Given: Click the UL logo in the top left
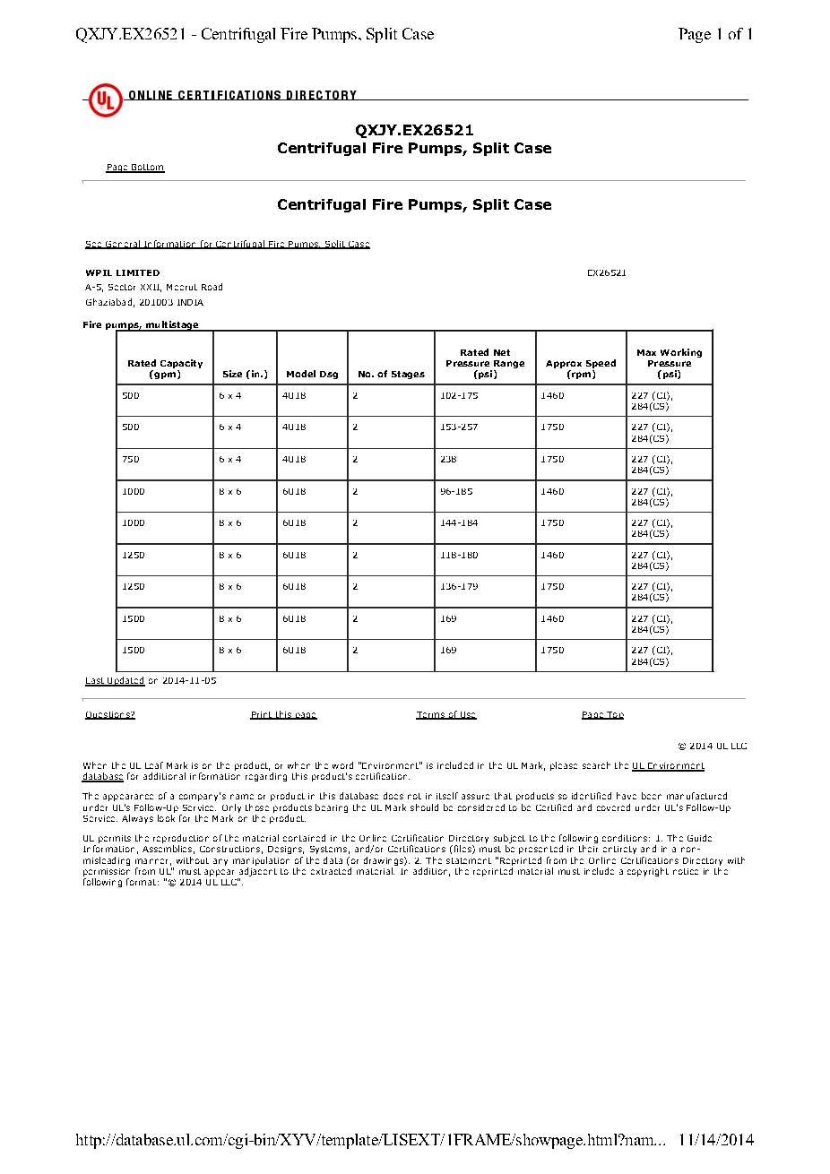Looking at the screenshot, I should [105, 99].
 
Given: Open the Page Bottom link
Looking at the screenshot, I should [135, 168].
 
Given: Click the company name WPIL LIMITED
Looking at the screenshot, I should [123, 272].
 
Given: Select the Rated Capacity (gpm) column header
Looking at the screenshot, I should [165, 368].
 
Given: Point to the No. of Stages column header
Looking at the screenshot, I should [391, 375].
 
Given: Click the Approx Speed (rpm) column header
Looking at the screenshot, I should [581, 368].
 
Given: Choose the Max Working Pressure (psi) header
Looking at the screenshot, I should [669, 363].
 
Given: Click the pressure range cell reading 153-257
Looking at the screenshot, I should [459, 427].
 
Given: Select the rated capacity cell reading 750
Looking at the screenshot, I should [131, 459].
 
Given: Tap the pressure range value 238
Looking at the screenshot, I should [448, 459].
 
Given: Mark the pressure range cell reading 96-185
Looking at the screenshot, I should [456, 491].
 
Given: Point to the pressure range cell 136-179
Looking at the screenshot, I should [459, 586].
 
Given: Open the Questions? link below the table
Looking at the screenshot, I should [110, 715].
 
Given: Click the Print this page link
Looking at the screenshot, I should [283, 715].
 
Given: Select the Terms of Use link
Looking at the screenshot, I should [446, 715].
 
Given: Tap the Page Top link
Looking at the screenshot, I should [602, 715].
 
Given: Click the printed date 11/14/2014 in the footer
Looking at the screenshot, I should [716, 1141].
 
